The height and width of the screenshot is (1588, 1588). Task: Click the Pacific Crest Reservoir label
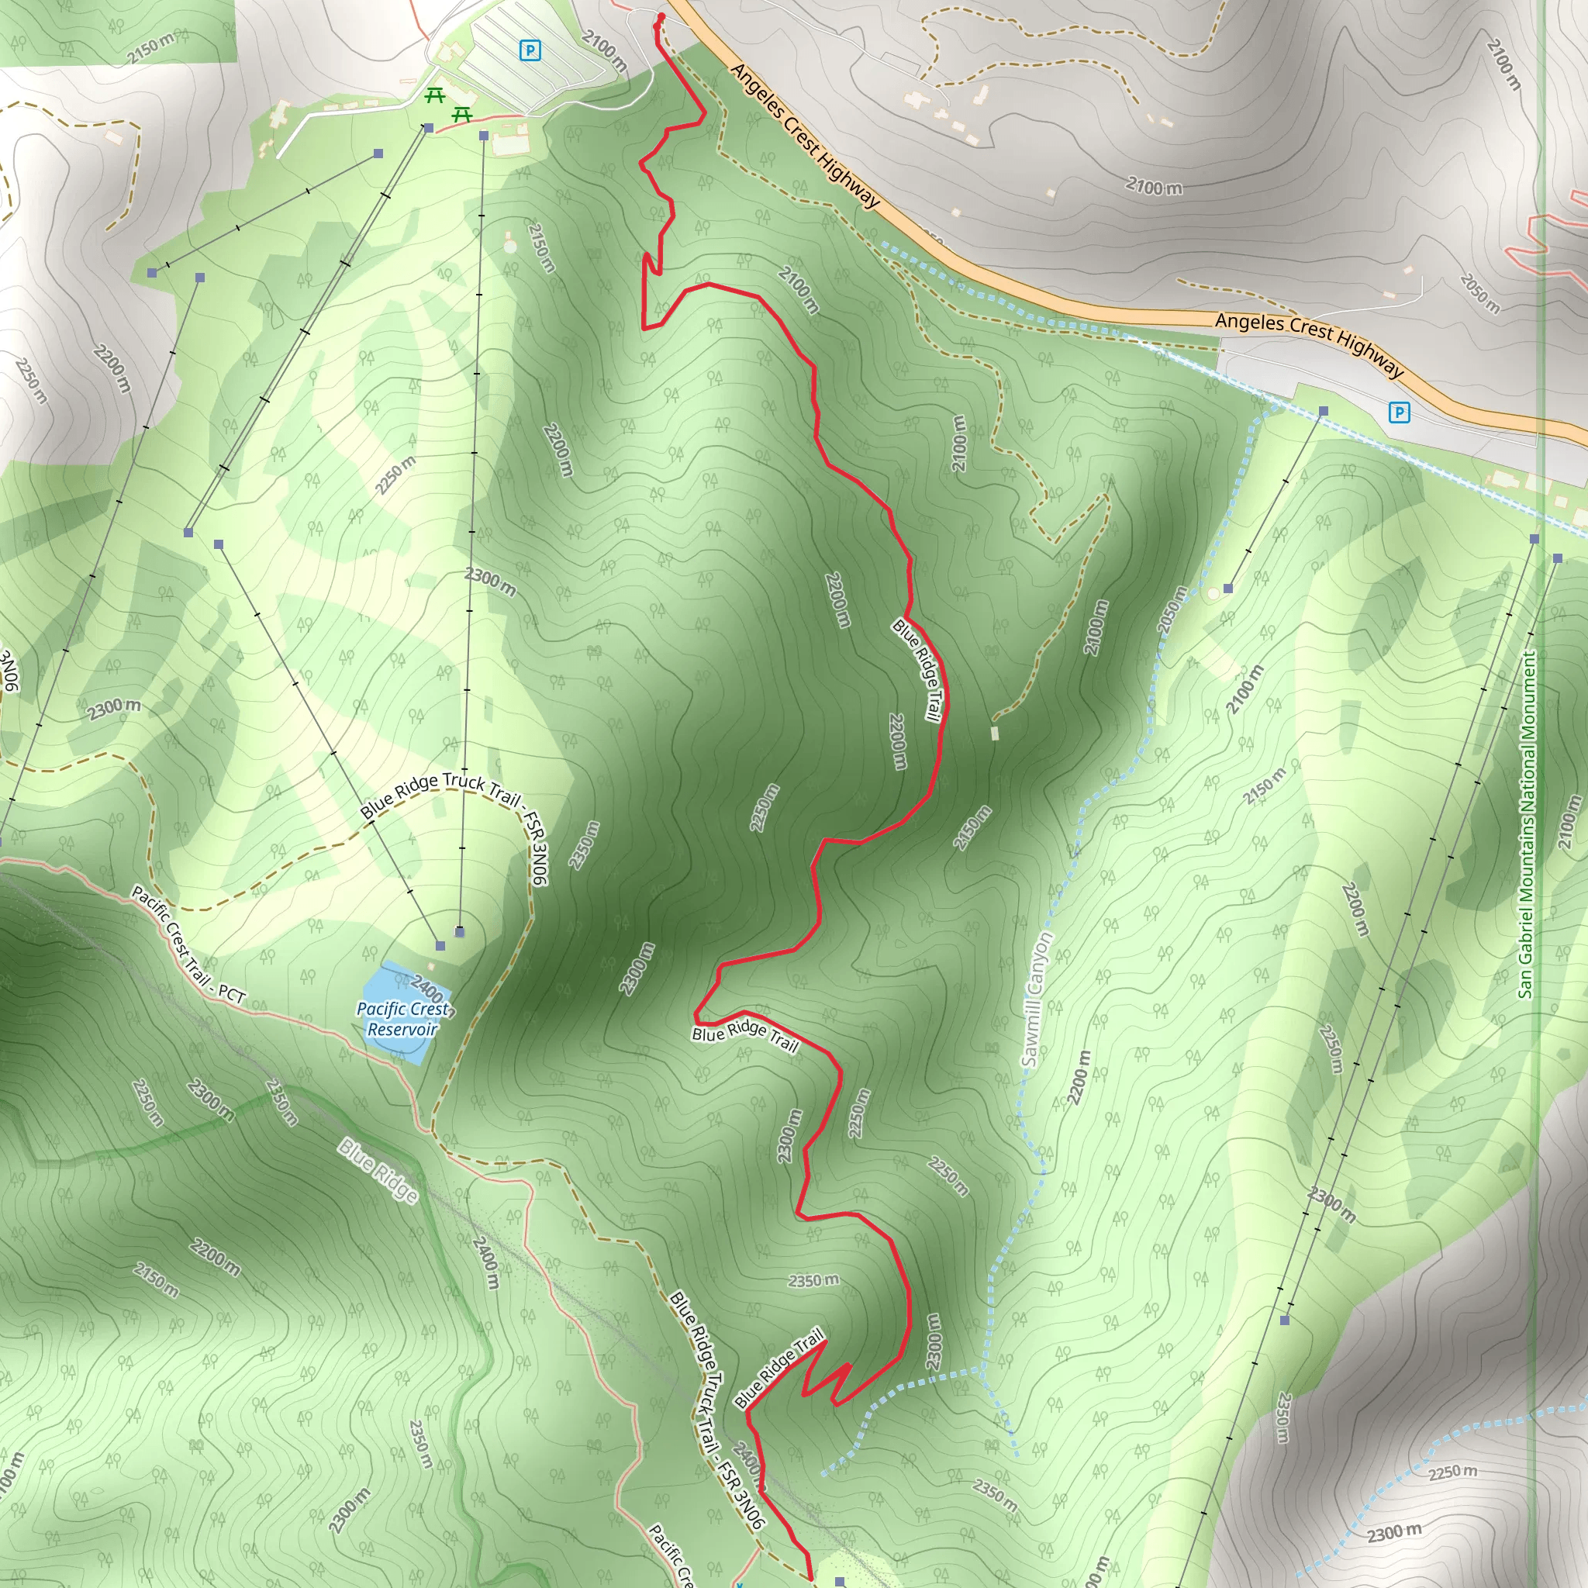402,1019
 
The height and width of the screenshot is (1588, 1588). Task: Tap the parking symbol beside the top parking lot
530,51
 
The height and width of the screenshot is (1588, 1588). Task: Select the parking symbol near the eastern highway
1398,412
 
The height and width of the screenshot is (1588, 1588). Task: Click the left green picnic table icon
435,96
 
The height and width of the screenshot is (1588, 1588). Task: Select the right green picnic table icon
462,115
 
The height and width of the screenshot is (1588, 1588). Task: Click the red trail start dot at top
661,16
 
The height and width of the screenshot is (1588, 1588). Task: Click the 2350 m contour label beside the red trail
813,1281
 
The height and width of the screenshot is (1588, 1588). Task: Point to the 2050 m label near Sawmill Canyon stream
1172,609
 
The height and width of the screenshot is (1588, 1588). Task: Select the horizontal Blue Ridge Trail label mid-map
744,1037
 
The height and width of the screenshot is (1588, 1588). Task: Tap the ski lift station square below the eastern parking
1324,411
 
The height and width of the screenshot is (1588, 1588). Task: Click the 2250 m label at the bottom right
1452,1471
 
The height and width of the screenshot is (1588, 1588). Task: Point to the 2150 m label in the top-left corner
151,47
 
